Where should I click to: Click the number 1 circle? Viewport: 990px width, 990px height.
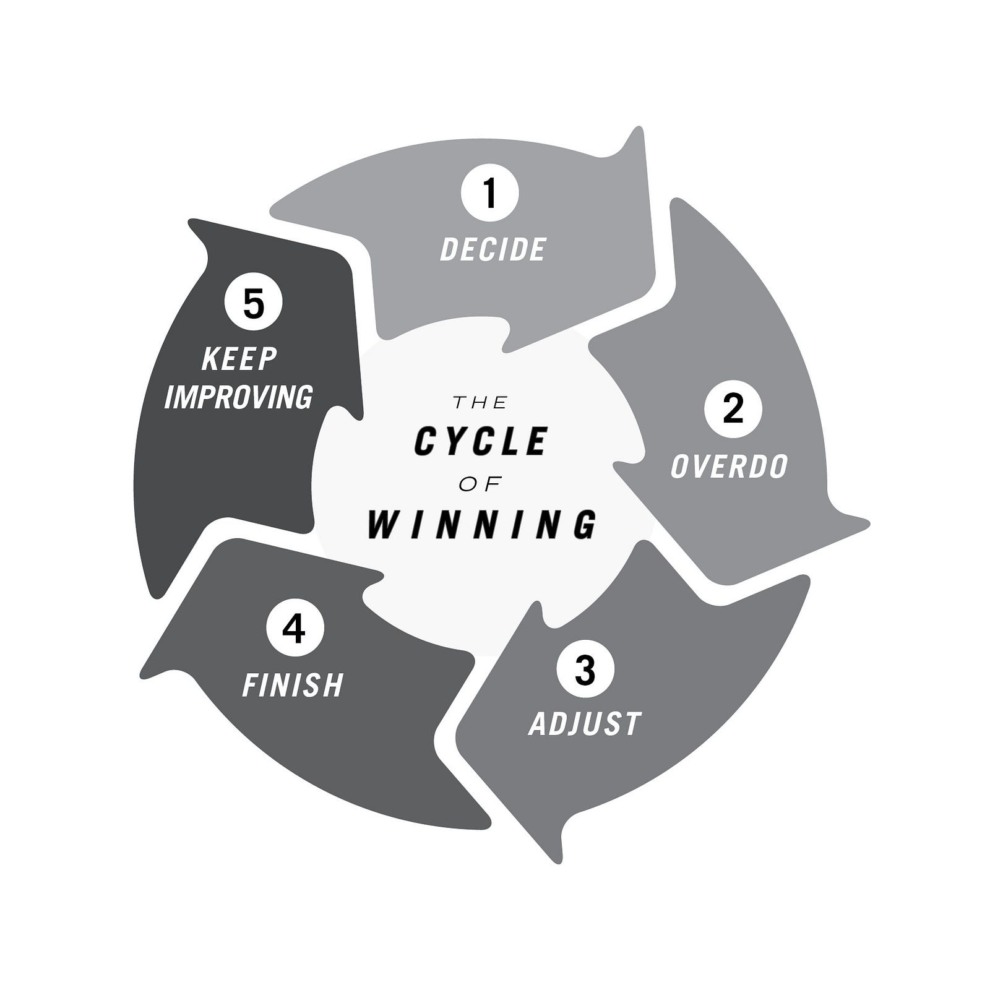tap(489, 192)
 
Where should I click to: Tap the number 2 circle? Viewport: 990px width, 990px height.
tap(733, 409)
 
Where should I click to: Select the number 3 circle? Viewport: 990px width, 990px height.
tap(585, 669)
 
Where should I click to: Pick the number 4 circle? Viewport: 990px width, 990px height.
tap(294, 629)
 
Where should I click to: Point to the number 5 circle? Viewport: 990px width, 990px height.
tap(254, 303)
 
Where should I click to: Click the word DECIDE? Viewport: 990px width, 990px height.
tap(493, 249)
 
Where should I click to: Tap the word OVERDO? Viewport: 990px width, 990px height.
tap(729, 466)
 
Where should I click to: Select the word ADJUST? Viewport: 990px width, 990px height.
tap(585, 724)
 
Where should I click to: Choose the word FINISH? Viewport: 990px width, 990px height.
tap(293, 685)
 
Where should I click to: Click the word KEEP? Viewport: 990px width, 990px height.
tap(239, 359)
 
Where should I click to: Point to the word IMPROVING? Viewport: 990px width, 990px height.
tap(238, 397)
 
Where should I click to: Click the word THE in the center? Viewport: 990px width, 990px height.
tap(480, 403)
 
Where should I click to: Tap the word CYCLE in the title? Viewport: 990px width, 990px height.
tap(481, 441)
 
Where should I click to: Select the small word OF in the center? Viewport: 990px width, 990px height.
tap(480, 484)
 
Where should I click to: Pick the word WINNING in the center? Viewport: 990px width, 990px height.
tap(482, 525)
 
